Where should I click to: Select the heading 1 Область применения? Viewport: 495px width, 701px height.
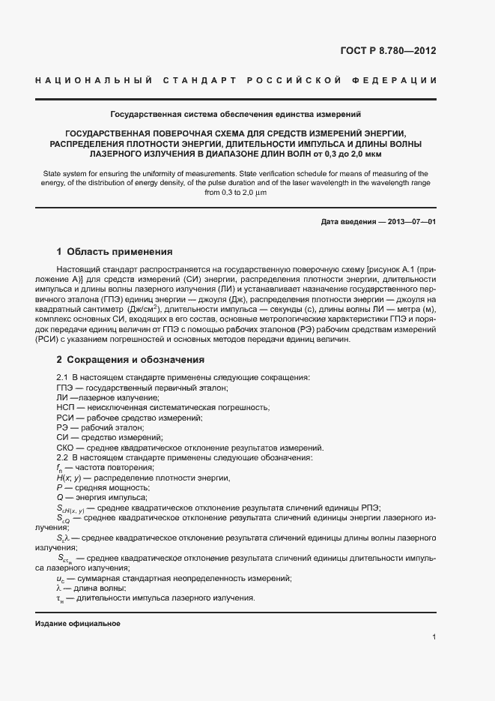(115, 252)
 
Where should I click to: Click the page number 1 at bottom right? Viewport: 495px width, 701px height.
(434, 637)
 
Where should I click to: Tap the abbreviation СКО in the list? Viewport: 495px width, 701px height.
(66, 448)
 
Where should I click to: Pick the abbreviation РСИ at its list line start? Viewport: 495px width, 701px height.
(65, 418)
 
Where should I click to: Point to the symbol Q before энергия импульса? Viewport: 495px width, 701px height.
(60, 498)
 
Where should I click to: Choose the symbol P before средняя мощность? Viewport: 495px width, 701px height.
(59, 488)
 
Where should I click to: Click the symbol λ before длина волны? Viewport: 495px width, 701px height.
(59, 588)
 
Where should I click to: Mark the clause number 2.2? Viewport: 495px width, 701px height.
(63, 457)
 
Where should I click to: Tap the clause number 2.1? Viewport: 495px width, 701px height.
(63, 377)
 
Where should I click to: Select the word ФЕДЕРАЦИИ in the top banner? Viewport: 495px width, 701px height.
(396, 79)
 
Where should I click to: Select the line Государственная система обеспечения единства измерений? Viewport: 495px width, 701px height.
(236, 115)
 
